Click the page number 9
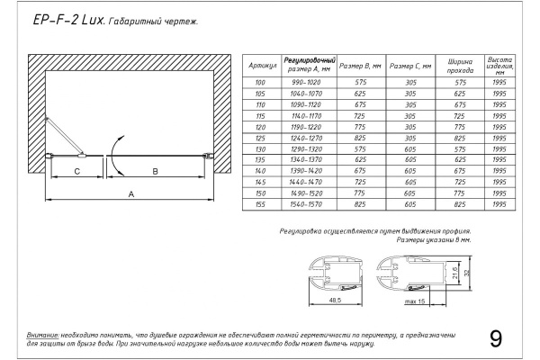(496, 339)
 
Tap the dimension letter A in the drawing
(131, 193)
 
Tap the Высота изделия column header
(500, 65)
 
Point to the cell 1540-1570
(309, 205)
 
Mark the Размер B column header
(366, 66)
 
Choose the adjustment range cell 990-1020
(309, 81)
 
